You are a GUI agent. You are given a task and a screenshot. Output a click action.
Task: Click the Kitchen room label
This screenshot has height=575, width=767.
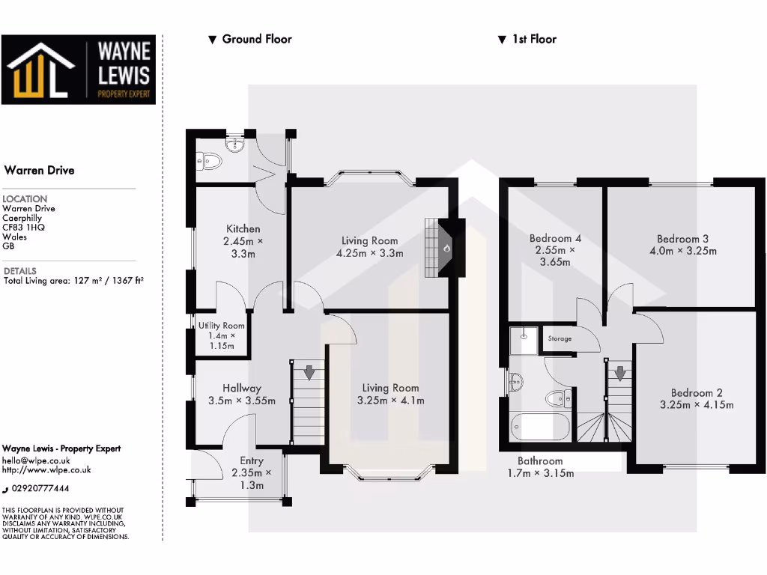[243, 228]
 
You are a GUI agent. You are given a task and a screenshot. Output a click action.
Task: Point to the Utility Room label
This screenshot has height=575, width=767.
[221, 326]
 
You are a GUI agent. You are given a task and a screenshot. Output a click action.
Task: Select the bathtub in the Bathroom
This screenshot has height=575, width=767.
[539, 427]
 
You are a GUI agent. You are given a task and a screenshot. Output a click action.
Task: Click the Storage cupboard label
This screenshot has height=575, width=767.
[560, 339]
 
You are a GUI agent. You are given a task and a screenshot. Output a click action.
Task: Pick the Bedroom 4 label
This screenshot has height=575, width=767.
[555, 238]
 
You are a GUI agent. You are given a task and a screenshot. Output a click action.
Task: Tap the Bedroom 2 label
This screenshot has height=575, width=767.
[697, 393]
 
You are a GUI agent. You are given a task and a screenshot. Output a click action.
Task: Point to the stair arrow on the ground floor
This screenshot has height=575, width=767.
[308, 371]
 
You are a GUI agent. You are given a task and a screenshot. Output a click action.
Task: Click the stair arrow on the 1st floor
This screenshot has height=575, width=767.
[619, 372]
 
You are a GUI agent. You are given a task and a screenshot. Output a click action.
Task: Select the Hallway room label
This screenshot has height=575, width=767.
[241, 388]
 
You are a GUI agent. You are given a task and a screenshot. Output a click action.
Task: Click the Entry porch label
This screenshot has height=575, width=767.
[252, 461]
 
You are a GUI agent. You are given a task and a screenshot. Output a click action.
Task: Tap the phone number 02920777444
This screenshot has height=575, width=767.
[41, 488]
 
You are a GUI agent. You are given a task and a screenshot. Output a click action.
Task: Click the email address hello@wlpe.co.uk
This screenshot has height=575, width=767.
[37, 460]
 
